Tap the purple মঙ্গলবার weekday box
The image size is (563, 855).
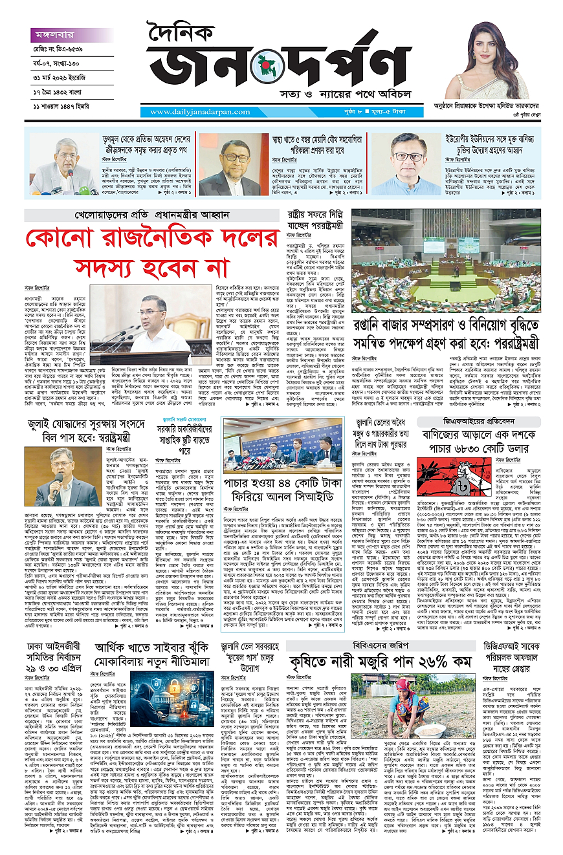pyautogui.click(x=60, y=36)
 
